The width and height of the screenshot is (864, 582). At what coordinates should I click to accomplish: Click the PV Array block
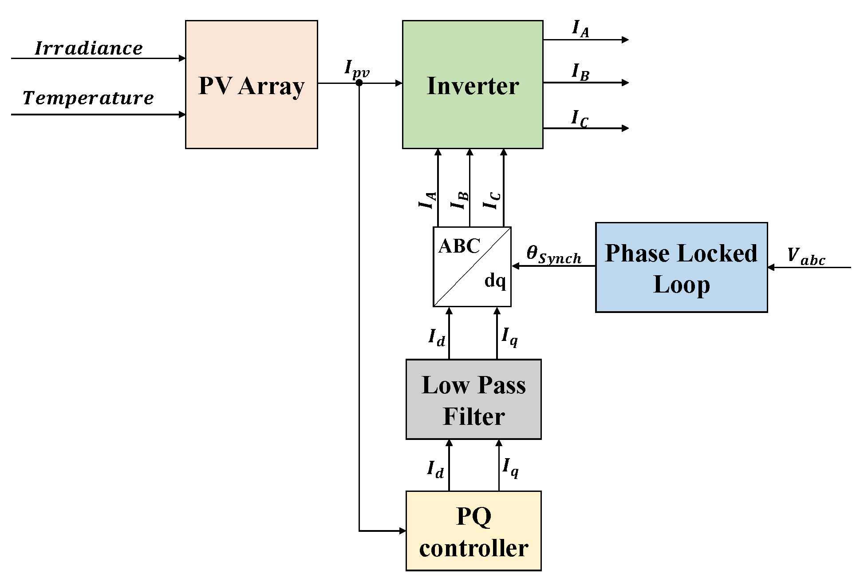251,84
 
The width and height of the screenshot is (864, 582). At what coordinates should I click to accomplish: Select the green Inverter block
472,84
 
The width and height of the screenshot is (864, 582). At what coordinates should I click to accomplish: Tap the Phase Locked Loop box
681,268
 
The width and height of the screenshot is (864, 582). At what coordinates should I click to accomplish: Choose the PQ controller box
473,531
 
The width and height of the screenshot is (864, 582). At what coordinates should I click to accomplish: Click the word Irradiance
89,48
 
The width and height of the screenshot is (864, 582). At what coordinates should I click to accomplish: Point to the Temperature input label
88,98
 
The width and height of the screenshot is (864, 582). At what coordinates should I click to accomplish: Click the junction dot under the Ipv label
359,83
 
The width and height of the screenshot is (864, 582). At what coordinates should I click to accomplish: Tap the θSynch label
553,255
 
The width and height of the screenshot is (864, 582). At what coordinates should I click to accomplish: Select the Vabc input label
805,257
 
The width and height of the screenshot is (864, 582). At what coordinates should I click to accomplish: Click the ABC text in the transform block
459,246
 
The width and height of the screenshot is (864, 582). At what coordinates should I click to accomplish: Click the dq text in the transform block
495,281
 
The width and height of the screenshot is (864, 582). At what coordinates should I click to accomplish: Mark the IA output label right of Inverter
580,29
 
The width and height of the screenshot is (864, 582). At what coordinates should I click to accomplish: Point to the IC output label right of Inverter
580,119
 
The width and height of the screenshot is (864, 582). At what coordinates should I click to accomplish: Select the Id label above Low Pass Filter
437,337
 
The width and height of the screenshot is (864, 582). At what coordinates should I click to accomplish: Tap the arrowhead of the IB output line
625,83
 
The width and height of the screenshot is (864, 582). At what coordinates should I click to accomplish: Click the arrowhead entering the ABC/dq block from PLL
516,266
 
